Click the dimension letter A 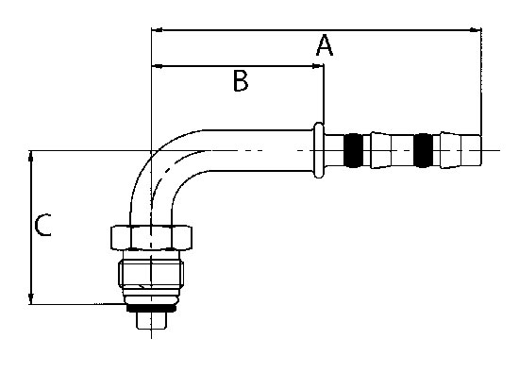(x=325, y=45)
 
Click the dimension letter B (x=241, y=81)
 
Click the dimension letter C (x=43, y=226)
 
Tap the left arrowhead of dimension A (x=157, y=30)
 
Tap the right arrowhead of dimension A (x=476, y=30)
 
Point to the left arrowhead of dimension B (x=157, y=66)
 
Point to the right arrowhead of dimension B (x=318, y=66)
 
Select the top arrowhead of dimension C (x=31, y=156)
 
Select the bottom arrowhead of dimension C (x=31, y=298)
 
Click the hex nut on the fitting (x=151, y=238)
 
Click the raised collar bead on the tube (x=319, y=150)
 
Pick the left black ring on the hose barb (x=354, y=150)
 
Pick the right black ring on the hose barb (x=424, y=150)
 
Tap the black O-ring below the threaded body (x=151, y=308)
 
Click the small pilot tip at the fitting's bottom (x=151, y=320)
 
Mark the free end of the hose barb (x=480, y=150)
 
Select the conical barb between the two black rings (x=380, y=150)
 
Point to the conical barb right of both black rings (x=451, y=150)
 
